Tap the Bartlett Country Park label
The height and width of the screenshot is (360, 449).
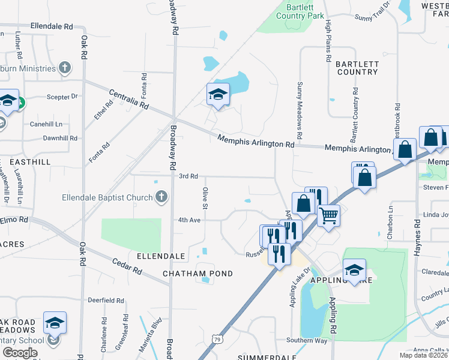300,11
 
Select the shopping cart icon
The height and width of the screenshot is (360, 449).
328,215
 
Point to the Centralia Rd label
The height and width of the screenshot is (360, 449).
129,99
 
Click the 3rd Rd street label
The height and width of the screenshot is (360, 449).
188,176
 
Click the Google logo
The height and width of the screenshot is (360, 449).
20,352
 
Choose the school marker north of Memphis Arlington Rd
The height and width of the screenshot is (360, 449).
218,94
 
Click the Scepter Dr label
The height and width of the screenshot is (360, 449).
62,96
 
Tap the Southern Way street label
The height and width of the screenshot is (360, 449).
307,341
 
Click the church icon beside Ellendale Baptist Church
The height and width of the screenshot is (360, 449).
161,197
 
